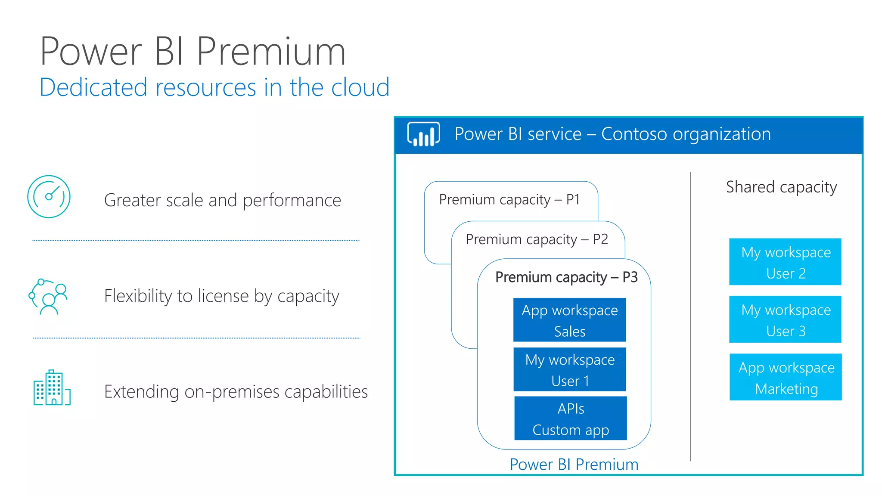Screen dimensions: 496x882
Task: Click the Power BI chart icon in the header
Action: click(x=423, y=134)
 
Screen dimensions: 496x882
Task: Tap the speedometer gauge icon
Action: click(x=49, y=196)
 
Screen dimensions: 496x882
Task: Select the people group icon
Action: click(x=48, y=297)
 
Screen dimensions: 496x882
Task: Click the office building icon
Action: click(x=52, y=388)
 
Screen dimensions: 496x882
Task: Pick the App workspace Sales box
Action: click(x=569, y=320)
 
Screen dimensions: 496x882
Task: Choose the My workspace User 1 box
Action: click(x=570, y=369)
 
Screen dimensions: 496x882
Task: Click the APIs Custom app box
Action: click(x=570, y=418)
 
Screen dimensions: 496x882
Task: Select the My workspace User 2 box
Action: click(x=785, y=262)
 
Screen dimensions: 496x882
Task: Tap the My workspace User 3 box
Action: click(x=785, y=319)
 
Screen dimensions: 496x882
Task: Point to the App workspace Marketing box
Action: click(x=786, y=377)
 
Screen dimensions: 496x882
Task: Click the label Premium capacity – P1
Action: click(x=509, y=200)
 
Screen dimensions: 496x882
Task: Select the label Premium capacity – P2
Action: click(x=537, y=239)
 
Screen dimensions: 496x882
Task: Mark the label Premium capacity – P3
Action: click(x=566, y=277)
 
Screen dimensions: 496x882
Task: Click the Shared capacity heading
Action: click(x=781, y=187)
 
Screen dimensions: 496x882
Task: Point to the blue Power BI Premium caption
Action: click(x=574, y=465)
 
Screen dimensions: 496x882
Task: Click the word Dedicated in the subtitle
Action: click(x=93, y=87)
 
